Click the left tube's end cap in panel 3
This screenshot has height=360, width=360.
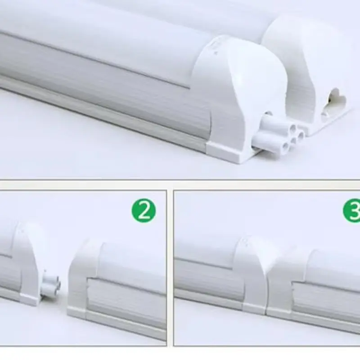pyautogui.click(x=252, y=274)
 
